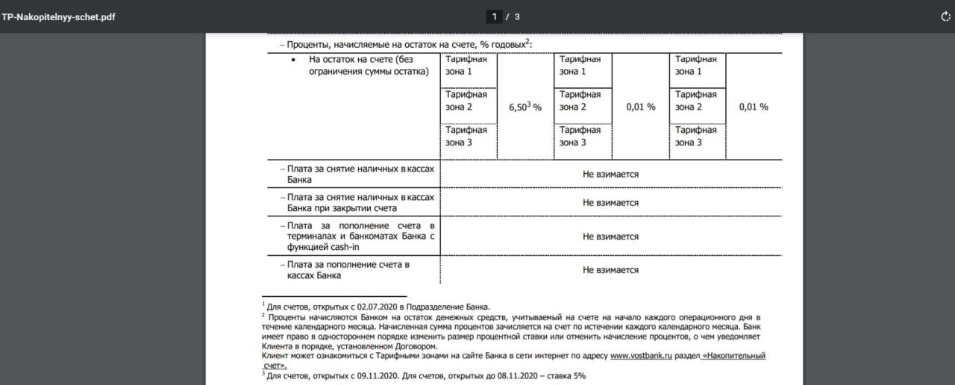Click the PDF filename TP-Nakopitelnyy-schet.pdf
point(58,16)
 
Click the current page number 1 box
point(494,16)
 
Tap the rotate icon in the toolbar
point(945,16)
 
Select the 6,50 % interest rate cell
point(525,107)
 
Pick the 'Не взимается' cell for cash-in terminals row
point(610,237)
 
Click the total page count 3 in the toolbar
point(517,16)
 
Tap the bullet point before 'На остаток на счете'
point(294,60)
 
